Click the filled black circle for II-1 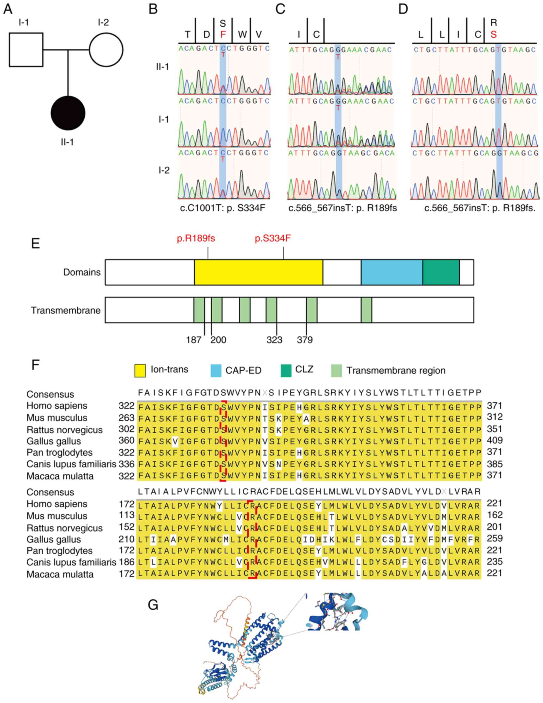click(68, 113)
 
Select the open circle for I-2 click(106, 50)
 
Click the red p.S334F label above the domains click(273, 239)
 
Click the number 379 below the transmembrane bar click(305, 340)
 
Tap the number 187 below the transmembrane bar click(193, 340)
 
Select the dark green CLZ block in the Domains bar click(441, 272)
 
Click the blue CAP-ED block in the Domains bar click(391, 272)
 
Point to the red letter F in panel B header click(223, 34)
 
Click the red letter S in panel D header click(494, 34)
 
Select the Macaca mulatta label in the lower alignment click(60, 574)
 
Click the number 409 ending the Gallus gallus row click(495, 440)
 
